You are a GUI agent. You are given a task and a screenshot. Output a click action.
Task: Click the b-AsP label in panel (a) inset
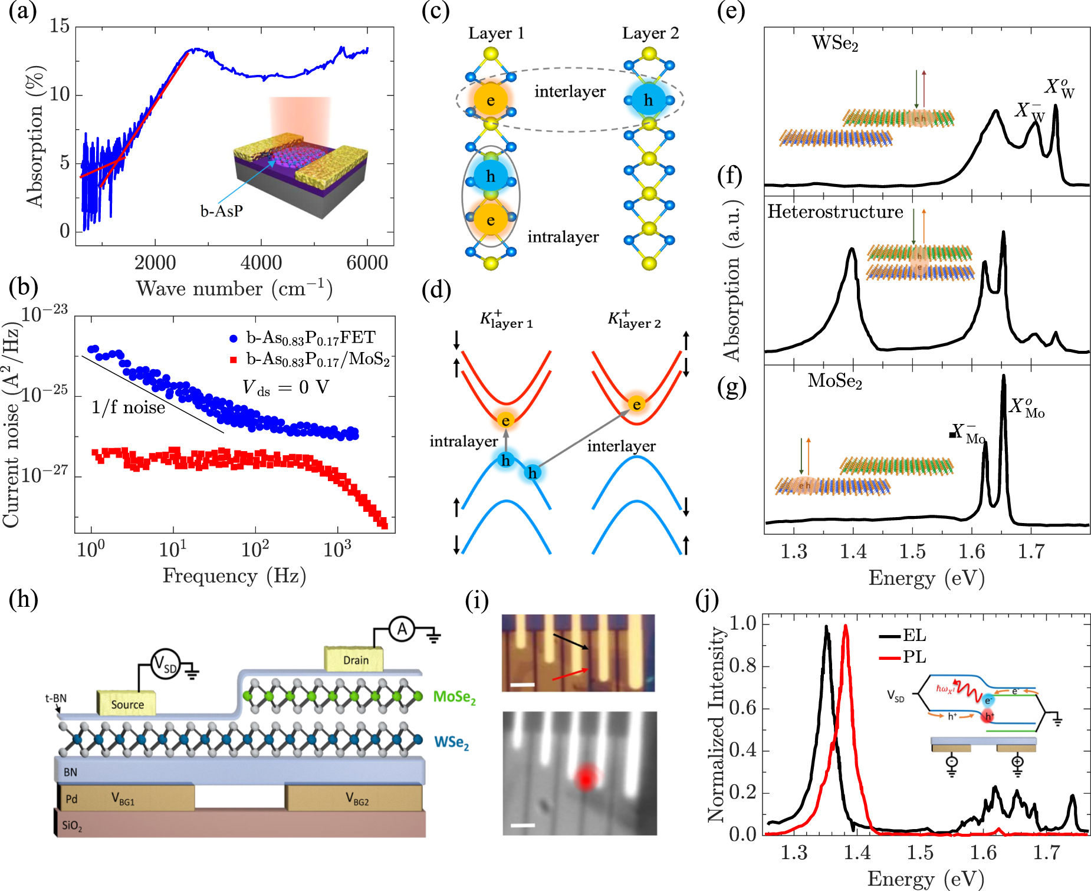coord(221,211)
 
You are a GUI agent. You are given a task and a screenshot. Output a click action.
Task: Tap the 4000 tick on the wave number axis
coord(261,263)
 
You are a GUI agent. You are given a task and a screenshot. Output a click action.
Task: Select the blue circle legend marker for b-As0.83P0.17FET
coord(234,338)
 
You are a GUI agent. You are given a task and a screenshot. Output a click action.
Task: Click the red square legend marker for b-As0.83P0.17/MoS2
coord(234,359)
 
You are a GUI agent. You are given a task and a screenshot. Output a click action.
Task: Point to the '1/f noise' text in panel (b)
coord(128,407)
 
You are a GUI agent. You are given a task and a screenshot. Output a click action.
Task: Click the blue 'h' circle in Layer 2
coord(648,100)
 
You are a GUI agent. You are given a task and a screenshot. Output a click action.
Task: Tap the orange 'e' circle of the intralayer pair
coord(491,220)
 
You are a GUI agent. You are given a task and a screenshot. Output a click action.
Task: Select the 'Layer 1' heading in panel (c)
coord(496,33)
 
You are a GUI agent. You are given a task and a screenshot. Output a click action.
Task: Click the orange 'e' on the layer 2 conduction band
coord(636,405)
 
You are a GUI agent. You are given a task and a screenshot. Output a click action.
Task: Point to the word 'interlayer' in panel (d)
coord(621,446)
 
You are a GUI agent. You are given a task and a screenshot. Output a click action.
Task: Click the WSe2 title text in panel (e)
coord(834,43)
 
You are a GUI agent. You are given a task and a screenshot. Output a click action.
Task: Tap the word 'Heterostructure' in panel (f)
coord(835,212)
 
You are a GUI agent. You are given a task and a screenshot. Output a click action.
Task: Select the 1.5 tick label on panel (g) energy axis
coord(912,552)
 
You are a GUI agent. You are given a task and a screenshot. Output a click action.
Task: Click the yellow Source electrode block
coord(126,703)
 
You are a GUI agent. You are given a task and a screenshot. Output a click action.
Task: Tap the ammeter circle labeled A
coord(402,630)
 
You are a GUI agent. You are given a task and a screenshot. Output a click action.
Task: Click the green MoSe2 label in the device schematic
coord(454,697)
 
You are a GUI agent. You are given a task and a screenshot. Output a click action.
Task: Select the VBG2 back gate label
coord(357,799)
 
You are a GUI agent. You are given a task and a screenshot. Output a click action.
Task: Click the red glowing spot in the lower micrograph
coord(585,777)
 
